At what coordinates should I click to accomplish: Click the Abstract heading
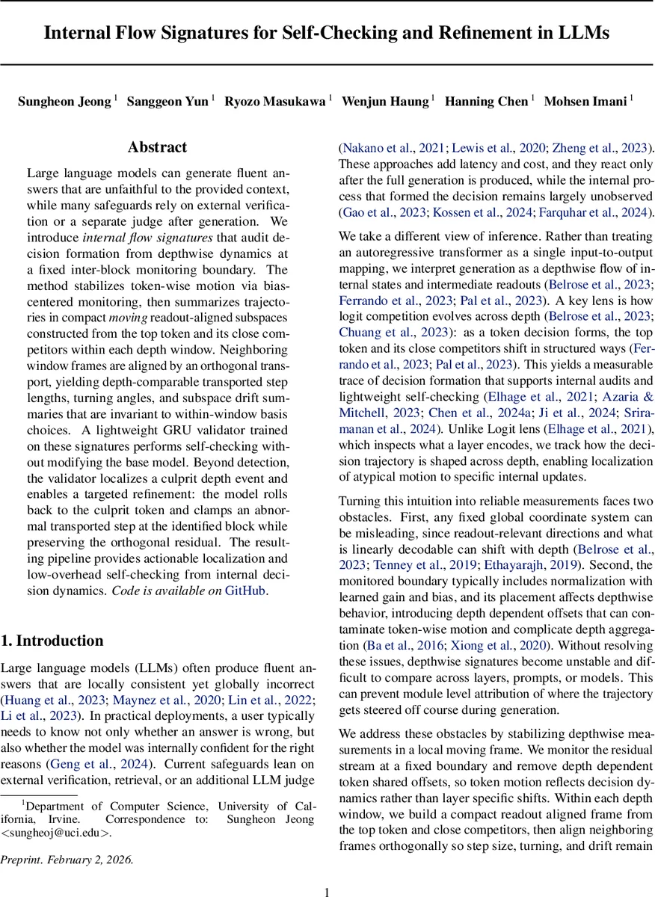click(x=157, y=147)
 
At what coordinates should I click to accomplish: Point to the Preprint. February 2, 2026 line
click(x=68, y=860)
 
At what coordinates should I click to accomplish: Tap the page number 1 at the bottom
click(x=327, y=891)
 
